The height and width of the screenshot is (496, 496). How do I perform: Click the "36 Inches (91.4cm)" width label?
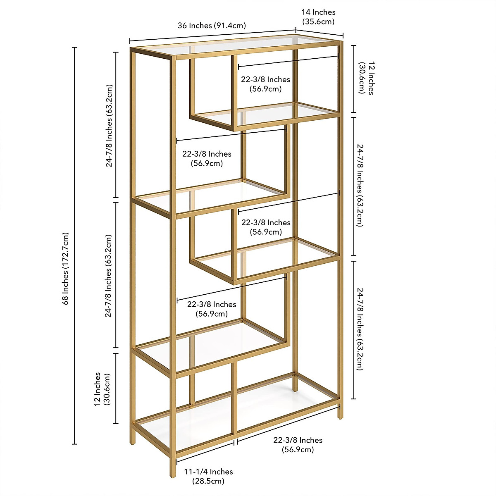pos(212,26)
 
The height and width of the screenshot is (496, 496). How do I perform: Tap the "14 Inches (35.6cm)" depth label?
pos(318,17)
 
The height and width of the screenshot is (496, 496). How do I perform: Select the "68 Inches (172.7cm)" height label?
pos(66,269)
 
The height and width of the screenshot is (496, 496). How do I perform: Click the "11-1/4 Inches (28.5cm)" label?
pos(208,476)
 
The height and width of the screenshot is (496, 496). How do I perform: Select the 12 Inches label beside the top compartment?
pos(366,79)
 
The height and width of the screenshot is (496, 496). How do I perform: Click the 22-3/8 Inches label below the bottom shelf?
pos(298,445)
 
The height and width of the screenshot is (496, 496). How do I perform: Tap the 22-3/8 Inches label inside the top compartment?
pos(266,84)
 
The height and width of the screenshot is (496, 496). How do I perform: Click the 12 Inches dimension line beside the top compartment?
pos(354,79)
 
